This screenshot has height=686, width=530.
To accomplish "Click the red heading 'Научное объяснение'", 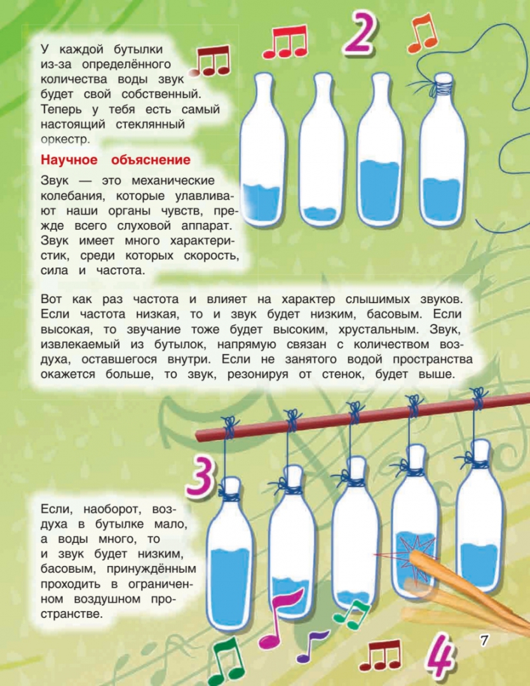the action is [116, 159].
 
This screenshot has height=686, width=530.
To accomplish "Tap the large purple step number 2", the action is [360, 33].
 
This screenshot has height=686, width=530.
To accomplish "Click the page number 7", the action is [484, 640].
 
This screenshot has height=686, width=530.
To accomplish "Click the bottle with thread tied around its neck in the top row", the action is [442, 149].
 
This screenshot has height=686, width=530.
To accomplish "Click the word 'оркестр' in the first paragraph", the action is [65, 140].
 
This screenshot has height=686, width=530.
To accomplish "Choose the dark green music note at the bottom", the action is [226, 661].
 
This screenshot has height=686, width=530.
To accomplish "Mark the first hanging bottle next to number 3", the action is [229, 553].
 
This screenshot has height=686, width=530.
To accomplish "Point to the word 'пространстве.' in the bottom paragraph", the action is [72, 614].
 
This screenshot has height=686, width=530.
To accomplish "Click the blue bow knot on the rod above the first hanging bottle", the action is [229, 427].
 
